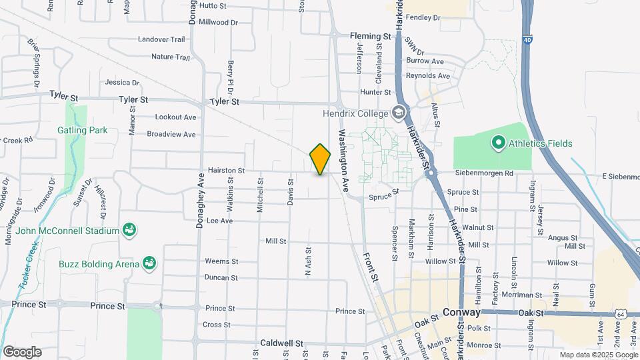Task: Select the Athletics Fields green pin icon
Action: point(497,143)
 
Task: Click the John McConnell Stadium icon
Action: point(130,231)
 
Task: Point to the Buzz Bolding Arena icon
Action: point(149,264)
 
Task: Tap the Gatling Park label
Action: point(83,130)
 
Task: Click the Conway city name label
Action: point(461,313)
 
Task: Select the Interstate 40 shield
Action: point(527,41)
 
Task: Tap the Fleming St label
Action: point(372,36)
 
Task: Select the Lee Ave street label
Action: point(219,221)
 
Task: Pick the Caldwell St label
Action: point(277,343)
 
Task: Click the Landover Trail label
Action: point(161,39)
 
